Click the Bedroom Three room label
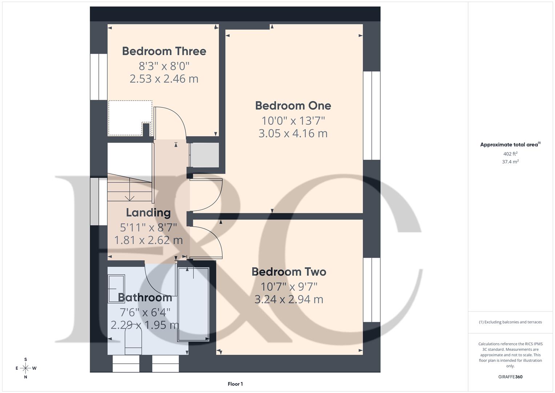coord(164,51)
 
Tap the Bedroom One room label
coord(293,106)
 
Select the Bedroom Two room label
coord(289,272)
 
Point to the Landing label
coord(148,213)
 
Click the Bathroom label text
coord(145,297)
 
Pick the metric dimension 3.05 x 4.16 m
coord(293,134)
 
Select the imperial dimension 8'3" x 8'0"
coord(164,66)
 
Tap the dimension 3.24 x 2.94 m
coord(289,299)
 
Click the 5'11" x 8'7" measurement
coord(148,227)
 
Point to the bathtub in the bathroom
coord(193,304)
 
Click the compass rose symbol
coord(25,368)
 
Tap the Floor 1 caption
coord(235,384)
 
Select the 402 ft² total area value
coord(510,154)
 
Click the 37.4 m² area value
coord(510,162)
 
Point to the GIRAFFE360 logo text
coord(510,377)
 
